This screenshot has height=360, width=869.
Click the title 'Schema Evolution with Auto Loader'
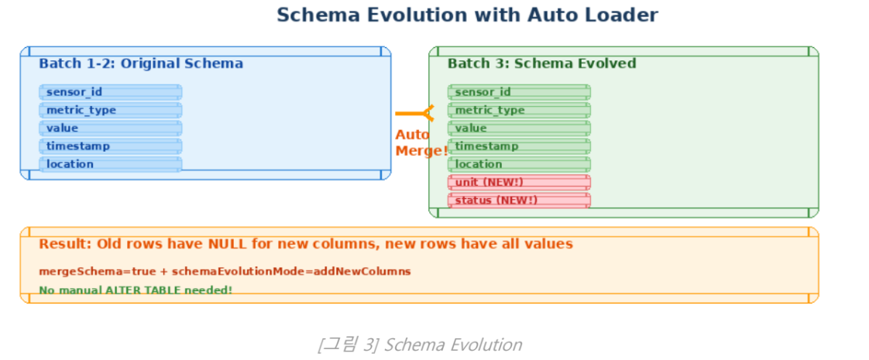(467, 15)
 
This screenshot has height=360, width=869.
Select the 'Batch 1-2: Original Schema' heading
(141, 63)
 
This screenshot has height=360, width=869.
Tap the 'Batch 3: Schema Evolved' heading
(541, 63)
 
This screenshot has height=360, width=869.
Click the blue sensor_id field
(110, 92)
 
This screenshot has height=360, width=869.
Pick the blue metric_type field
(110, 110)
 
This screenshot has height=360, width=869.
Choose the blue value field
(110, 128)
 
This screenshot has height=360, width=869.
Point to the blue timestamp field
(110, 146)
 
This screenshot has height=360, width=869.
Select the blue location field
(110, 163)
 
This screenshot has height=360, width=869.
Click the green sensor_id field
(519, 92)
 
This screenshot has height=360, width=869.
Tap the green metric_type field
(519, 110)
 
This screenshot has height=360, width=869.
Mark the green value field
(519, 128)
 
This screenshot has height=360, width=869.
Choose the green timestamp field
(519, 146)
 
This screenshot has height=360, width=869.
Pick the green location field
(519, 163)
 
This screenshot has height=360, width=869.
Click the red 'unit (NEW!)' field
(519, 182)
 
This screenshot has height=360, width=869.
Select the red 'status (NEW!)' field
(519, 201)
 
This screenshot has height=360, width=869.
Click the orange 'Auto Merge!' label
(421, 142)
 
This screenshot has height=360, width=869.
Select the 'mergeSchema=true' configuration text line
(225, 272)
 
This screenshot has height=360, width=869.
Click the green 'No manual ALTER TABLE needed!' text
(136, 290)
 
